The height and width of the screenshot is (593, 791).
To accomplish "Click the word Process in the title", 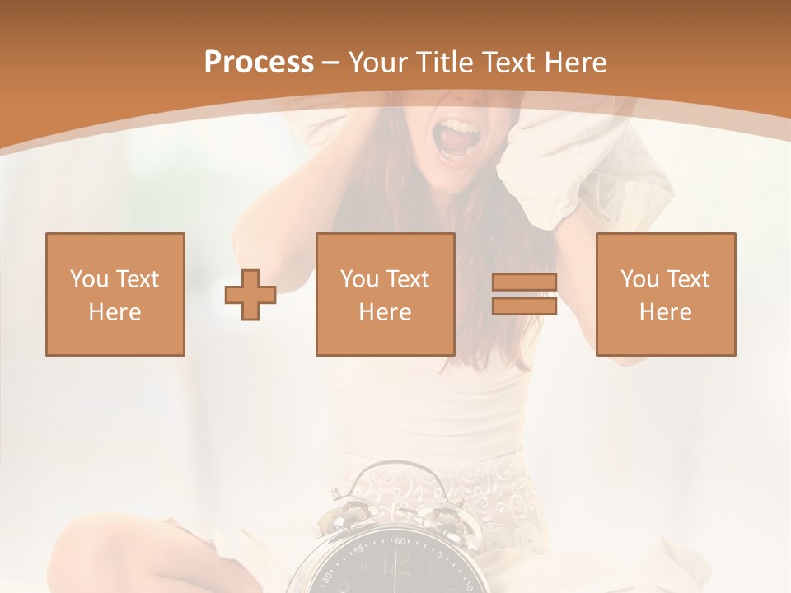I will point(259,62).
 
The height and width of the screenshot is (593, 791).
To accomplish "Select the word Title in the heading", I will point(446,62).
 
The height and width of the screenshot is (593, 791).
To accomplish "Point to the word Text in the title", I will point(512,62).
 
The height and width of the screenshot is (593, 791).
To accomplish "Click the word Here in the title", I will point(578,62).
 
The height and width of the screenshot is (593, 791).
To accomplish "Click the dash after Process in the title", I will point(331,63).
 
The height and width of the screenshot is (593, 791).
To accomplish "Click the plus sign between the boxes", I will point(250,295).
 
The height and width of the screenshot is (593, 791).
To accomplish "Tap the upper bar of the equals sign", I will point(524,282).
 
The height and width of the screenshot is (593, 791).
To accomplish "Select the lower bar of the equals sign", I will point(524,306).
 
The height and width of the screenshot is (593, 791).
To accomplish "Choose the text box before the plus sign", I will point(115,295).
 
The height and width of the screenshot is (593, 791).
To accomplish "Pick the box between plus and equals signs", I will point(386,295).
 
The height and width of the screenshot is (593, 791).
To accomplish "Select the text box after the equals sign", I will point(666,295).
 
